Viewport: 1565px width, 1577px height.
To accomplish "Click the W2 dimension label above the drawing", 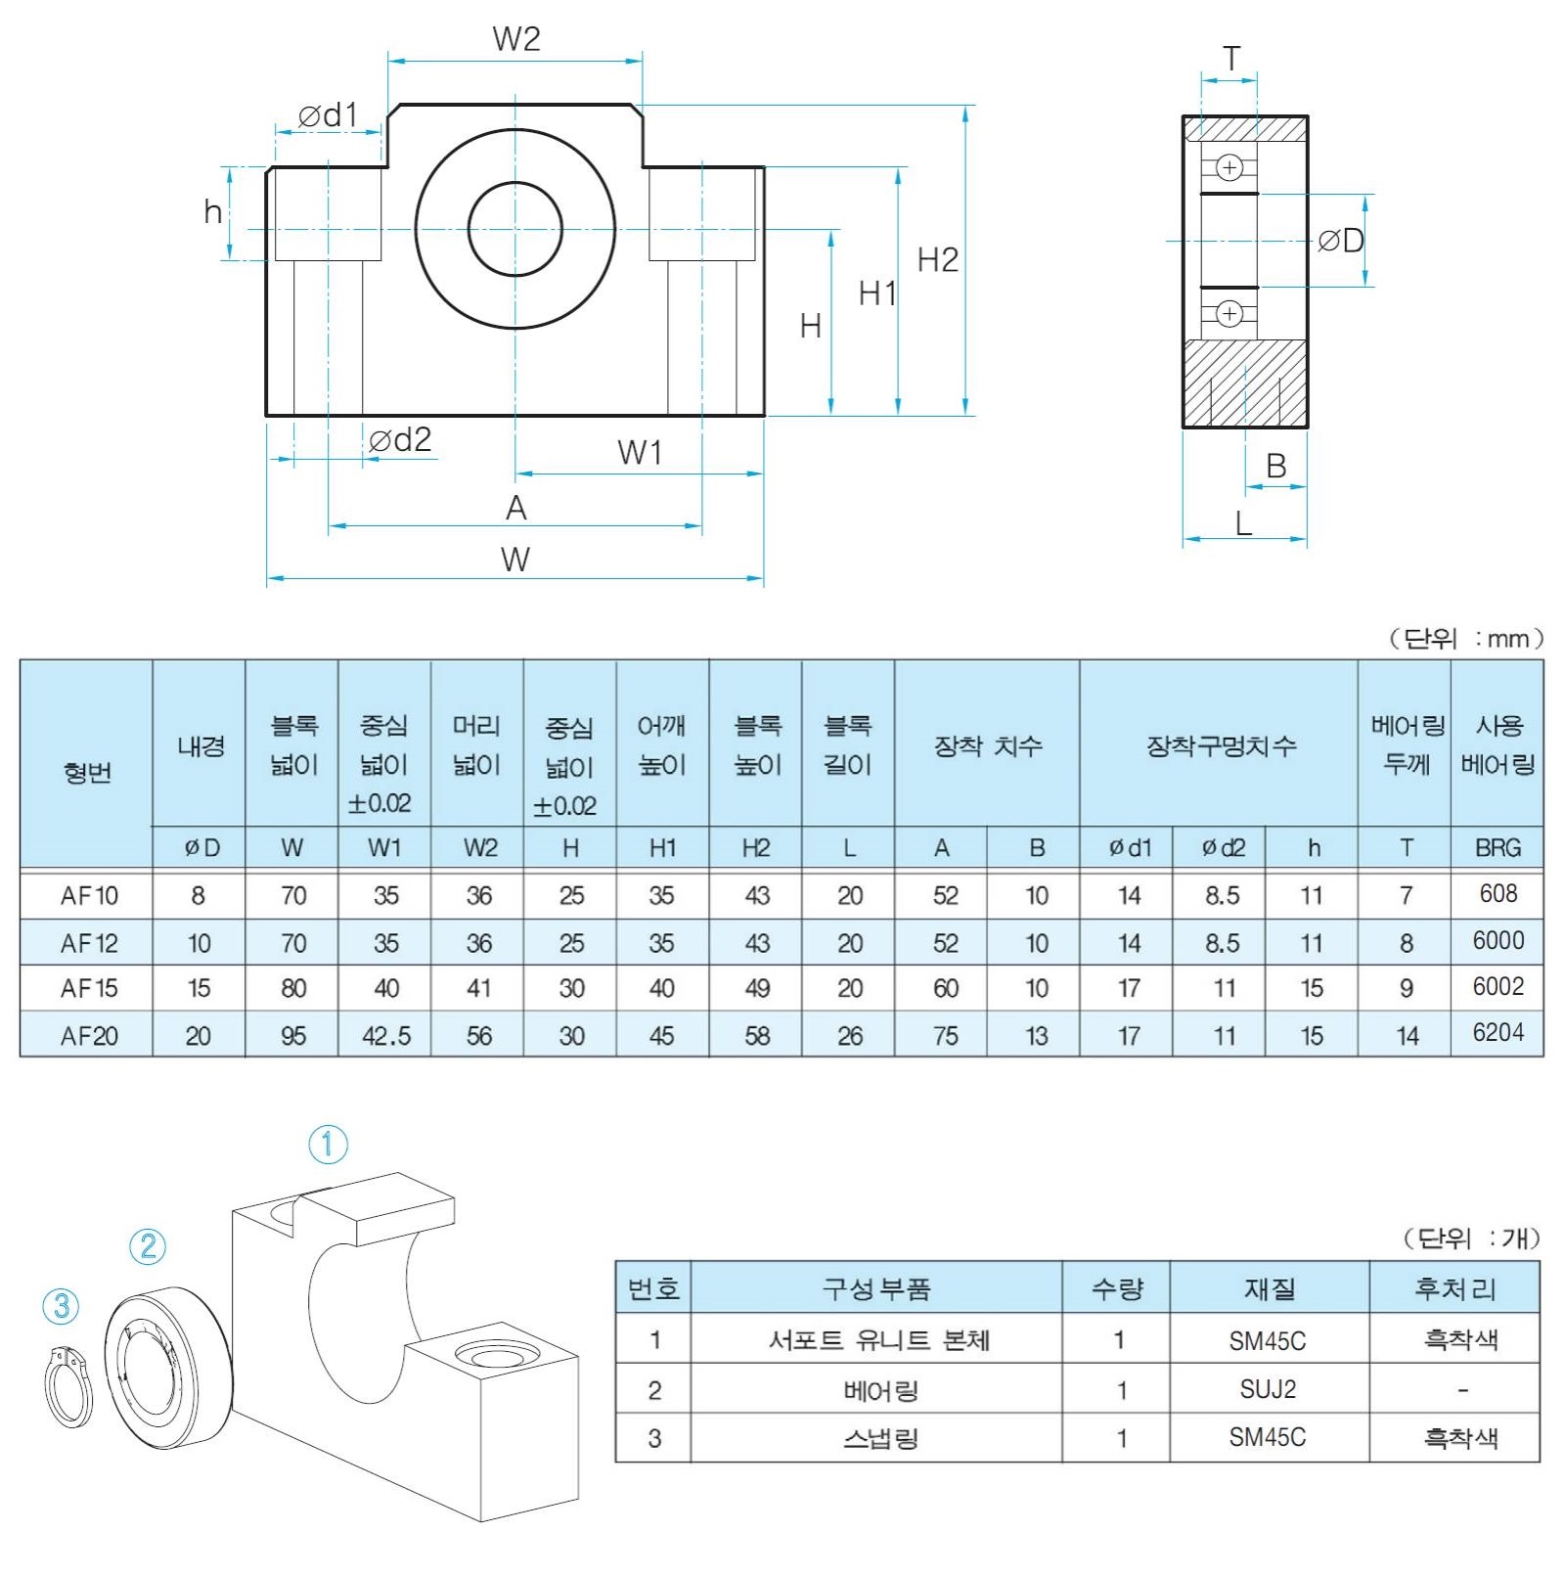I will [515, 39].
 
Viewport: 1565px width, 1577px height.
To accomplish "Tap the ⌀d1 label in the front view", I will [328, 115].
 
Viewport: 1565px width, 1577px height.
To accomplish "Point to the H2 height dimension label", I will [937, 260].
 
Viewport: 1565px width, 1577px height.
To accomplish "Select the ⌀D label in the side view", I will [1340, 241].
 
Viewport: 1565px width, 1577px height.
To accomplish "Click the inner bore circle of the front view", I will [515, 229].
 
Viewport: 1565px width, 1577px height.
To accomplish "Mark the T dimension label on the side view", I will [1231, 60].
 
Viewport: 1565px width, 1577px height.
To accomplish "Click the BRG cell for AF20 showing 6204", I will [1498, 1033].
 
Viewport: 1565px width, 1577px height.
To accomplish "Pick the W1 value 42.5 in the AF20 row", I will [385, 1036].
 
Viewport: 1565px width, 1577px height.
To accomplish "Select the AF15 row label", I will [88, 989].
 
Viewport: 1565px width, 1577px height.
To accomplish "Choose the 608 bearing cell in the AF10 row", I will [1498, 893].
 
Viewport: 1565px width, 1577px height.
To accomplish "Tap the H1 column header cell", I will [662, 848].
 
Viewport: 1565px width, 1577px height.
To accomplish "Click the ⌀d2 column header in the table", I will [1223, 848].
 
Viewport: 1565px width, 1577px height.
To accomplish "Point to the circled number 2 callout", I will [148, 1246].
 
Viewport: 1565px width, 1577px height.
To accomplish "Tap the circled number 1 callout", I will [328, 1145].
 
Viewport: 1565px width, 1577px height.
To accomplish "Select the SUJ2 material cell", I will [1268, 1389].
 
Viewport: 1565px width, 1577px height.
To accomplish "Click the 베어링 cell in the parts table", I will [879, 1390].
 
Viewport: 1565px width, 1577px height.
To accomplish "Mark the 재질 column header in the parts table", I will [1269, 1288].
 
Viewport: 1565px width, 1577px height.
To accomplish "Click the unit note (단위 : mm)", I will [1465, 639].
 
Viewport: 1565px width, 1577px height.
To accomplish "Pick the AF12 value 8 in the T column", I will [1406, 943].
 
